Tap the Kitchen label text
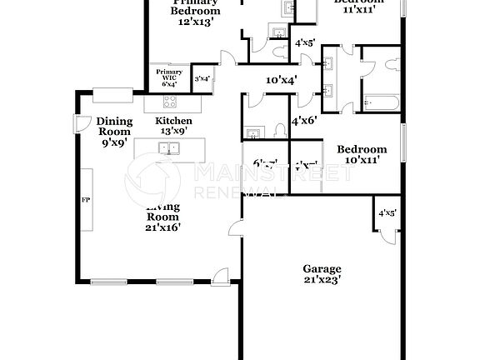pyautogui.click(x=173, y=121)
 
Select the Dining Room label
pyautogui.click(x=114, y=126)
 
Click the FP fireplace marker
pyautogui.click(x=85, y=201)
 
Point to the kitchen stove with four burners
pyautogui.click(x=170, y=102)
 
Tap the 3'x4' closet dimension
pyautogui.click(x=202, y=79)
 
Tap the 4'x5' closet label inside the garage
pyautogui.click(x=387, y=212)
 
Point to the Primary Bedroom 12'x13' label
pyautogui.click(x=196, y=12)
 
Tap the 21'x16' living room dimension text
pyautogui.click(x=164, y=226)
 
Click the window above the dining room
pyautogui.click(x=117, y=92)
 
